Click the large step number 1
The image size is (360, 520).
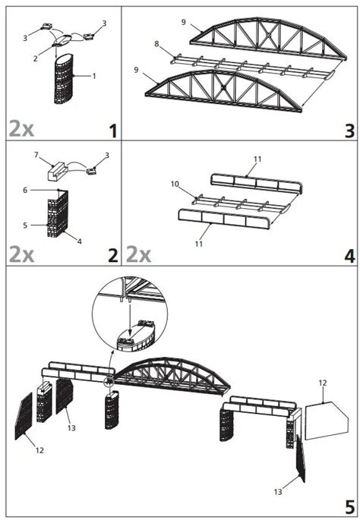pos(113,131)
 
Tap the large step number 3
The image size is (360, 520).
pos(349,131)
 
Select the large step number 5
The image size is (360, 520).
pos(350,507)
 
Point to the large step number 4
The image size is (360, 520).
pos(349,256)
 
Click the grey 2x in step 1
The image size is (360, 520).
pos(21,129)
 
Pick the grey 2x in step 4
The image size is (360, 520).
pos(138,254)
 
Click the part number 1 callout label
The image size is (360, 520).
pos(94,76)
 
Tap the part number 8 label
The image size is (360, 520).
pos(157,44)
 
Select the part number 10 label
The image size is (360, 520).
pos(175,184)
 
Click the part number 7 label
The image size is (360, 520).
pos(36,155)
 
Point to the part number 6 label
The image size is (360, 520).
pos(25,190)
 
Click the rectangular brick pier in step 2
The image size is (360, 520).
pos(58,213)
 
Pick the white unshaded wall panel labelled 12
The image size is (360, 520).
pos(327,421)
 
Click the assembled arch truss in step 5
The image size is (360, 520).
pos(172,376)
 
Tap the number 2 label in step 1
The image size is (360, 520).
pos(35,58)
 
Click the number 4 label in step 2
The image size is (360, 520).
pos(79,241)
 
